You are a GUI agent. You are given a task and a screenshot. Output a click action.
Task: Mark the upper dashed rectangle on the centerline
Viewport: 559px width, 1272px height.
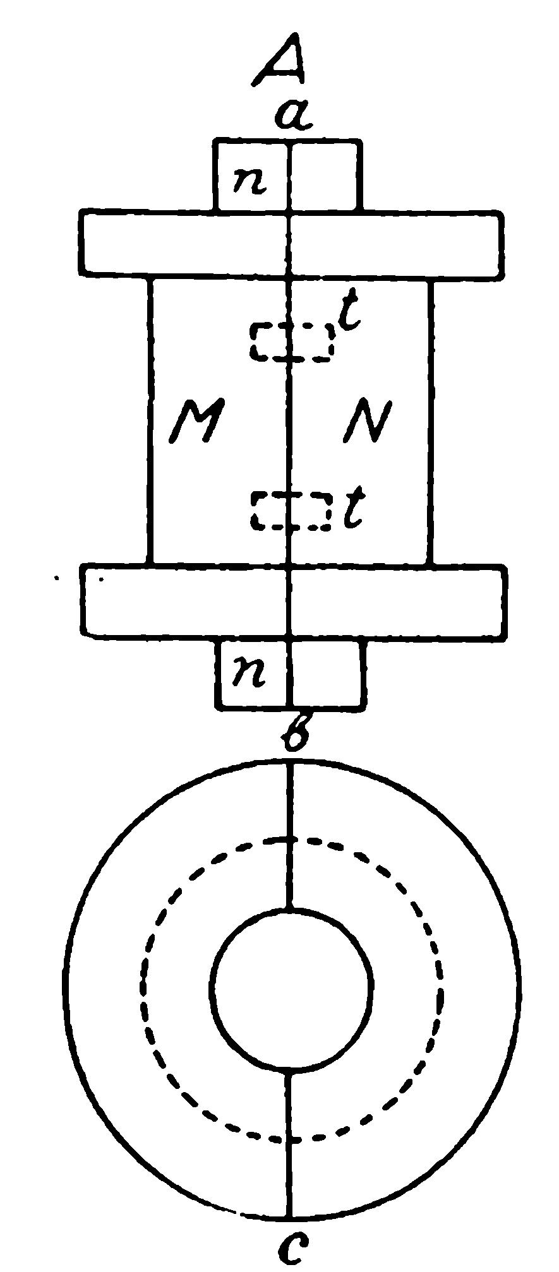pos(292,342)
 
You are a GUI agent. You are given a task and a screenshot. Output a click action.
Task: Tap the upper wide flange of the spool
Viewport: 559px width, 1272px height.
pos(291,244)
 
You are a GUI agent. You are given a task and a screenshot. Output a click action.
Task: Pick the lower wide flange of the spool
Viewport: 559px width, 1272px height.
pos(294,600)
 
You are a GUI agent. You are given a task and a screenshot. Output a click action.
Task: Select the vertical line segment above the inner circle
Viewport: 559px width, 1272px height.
pos(290,836)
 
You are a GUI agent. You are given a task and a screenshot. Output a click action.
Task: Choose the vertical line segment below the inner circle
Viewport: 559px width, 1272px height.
pos(290,1144)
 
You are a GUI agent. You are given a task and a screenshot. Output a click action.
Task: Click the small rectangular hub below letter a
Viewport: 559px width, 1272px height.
pos(287,176)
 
